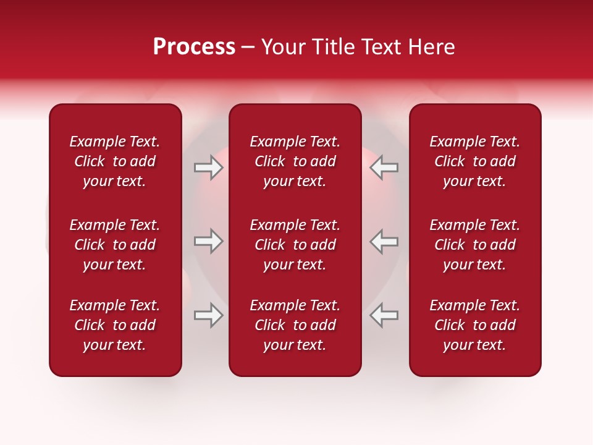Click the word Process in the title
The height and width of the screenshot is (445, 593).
[x=194, y=47]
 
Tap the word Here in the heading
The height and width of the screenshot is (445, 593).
[x=433, y=47]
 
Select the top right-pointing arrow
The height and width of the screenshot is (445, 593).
[x=209, y=167]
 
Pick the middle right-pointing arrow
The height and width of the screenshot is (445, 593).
[x=209, y=240]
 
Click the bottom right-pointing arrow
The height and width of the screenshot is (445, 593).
[x=209, y=315]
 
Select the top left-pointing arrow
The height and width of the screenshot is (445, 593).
[x=384, y=167]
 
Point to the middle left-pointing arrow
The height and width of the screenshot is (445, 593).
[x=384, y=240]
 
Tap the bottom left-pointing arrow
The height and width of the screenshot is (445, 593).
[x=384, y=315]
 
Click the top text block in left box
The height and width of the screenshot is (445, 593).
[x=115, y=161]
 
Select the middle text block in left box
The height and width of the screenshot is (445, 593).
[x=115, y=245]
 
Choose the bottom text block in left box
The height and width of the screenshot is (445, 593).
[x=115, y=325]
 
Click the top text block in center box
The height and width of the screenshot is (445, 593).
[x=295, y=161]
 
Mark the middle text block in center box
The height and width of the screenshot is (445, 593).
[x=295, y=245]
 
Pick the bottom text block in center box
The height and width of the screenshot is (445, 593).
[x=295, y=325]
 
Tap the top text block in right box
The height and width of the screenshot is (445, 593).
[x=475, y=161]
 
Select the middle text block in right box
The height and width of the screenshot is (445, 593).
[x=475, y=245]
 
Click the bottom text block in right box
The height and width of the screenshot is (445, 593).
[x=475, y=325]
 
